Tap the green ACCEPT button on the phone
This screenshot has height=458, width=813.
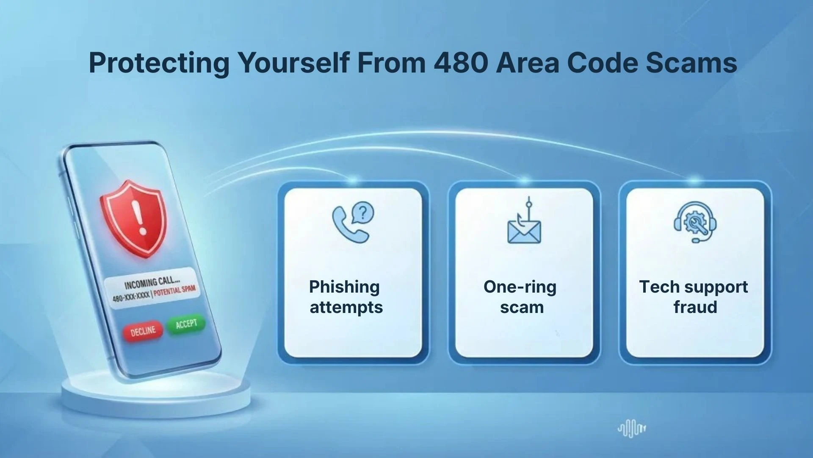point(186,324)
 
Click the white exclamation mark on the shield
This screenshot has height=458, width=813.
point(138,217)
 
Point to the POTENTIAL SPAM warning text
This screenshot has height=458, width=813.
point(174,291)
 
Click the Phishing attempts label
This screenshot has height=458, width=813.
point(346,297)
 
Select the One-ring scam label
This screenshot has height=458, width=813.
point(521,297)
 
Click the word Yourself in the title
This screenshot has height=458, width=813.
point(293,62)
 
